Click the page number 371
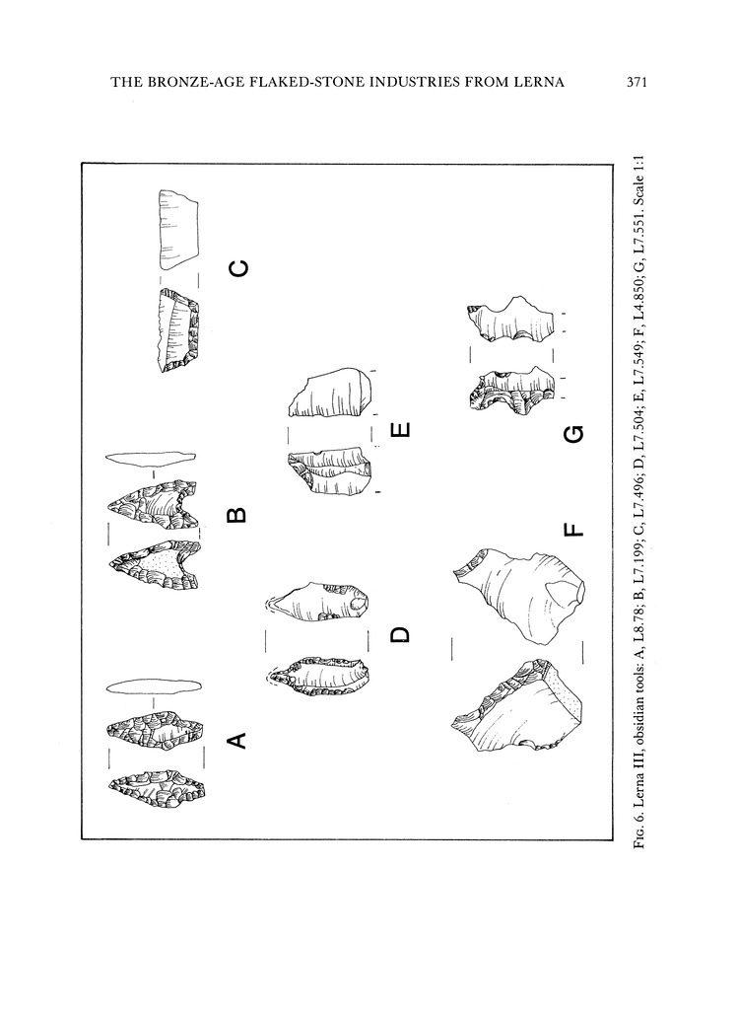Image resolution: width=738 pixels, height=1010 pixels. (636, 82)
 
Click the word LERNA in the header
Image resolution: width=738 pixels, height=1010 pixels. (542, 82)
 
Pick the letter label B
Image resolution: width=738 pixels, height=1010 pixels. (236, 515)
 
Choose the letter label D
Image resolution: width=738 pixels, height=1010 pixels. (400, 634)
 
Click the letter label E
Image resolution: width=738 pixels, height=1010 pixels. (400, 428)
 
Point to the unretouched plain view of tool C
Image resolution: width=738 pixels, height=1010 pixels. (178, 229)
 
